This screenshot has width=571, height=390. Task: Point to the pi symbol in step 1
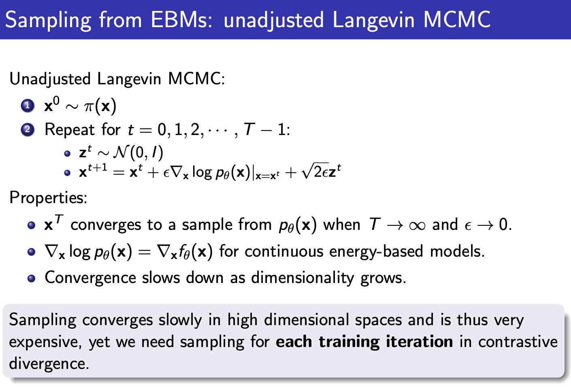click(x=89, y=107)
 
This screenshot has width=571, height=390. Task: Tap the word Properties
click(x=47, y=198)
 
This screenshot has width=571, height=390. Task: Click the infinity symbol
click(x=417, y=225)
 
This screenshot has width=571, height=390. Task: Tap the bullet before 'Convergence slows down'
click(x=32, y=279)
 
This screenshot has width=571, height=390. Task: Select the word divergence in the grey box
click(x=49, y=363)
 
